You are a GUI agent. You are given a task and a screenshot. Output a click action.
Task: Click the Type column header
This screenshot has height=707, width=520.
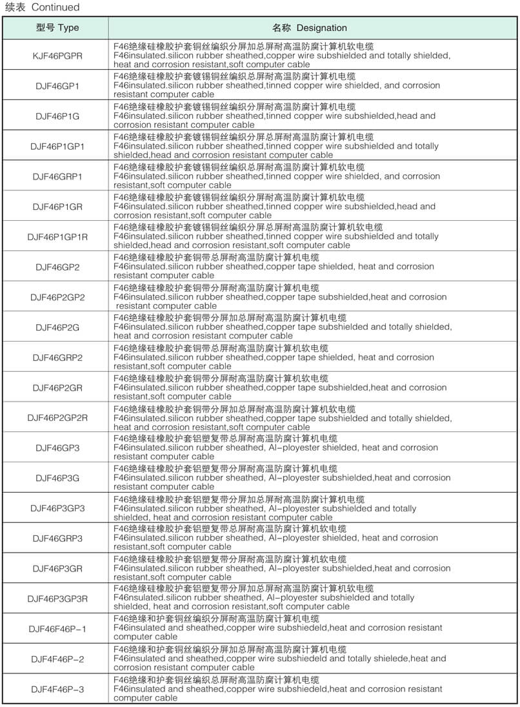click(57, 28)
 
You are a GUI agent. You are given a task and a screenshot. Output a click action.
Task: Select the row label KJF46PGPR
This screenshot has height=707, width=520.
click(57, 56)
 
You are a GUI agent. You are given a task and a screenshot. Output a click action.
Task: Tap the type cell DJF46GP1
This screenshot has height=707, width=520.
click(57, 86)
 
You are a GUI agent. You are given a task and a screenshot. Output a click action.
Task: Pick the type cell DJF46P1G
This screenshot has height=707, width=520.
click(57, 116)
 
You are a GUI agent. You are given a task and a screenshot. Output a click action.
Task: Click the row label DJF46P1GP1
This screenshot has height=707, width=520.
click(57, 147)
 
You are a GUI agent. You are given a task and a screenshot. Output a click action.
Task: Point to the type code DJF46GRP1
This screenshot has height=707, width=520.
click(57, 176)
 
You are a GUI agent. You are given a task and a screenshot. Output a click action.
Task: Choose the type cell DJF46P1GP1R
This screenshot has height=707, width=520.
click(57, 237)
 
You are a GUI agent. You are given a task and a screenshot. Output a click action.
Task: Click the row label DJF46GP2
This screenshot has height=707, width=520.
click(57, 267)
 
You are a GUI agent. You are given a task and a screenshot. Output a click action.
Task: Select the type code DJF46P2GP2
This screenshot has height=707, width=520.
click(57, 297)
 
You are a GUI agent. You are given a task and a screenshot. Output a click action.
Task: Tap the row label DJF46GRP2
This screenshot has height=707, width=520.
click(57, 358)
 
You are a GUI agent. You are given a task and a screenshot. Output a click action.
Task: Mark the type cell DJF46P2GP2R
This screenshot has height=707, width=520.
click(57, 418)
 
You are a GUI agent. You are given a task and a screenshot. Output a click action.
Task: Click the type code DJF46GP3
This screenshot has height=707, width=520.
click(57, 447)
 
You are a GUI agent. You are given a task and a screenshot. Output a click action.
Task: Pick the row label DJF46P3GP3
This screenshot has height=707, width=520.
click(57, 508)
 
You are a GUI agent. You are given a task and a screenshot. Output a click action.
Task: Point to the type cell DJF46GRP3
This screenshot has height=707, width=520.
click(57, 538)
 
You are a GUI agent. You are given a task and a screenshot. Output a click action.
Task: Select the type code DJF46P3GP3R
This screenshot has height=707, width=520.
click(57, 599)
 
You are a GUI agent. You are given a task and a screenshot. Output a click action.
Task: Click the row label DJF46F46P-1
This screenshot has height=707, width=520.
click(57, 628)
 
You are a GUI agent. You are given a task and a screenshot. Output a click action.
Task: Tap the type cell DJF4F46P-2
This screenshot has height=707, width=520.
click(57, 659)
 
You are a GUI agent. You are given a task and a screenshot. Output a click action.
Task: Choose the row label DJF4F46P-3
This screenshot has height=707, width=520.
click(57, 689)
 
